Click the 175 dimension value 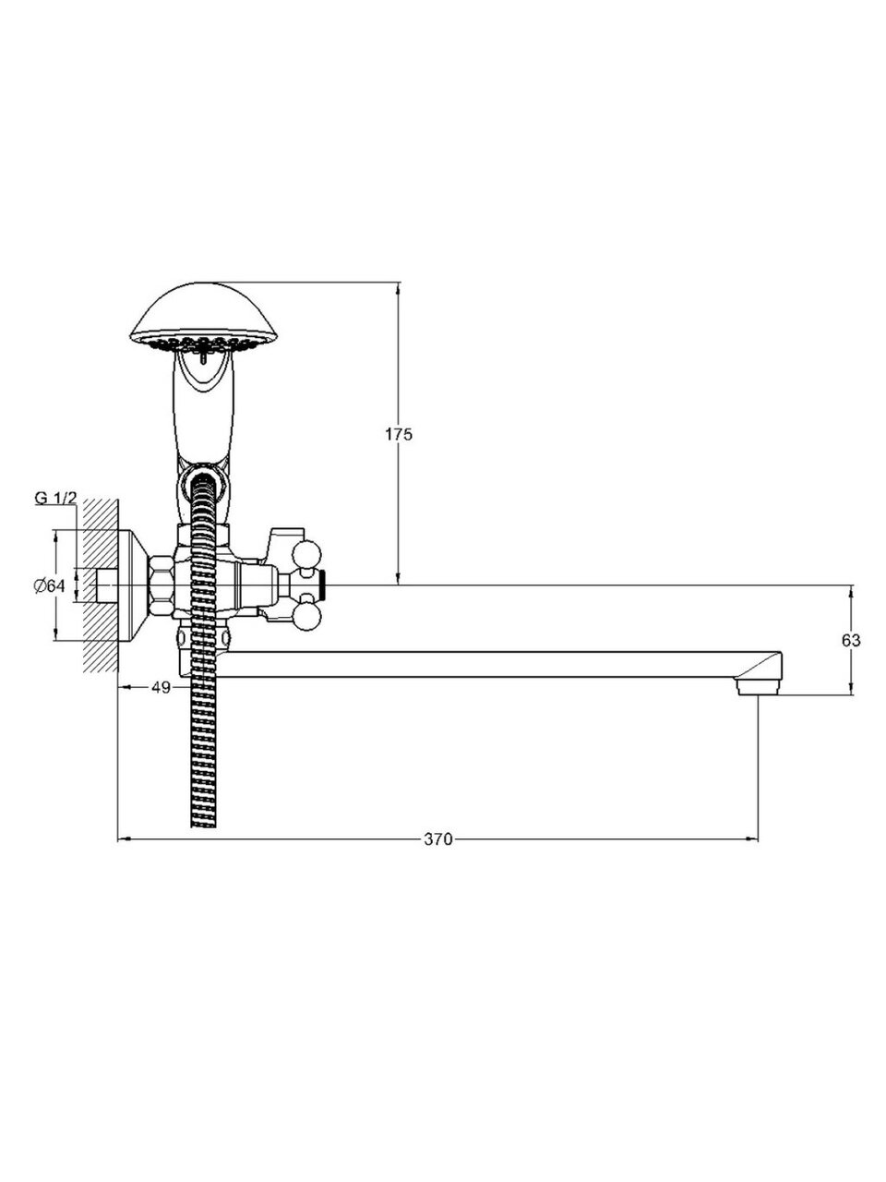pos(399,434)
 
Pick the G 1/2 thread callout pos(55,498)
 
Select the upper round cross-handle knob pos(306,555)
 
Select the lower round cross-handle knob pos(306,613)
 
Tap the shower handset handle pos(199,406)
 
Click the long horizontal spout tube pos(480,666)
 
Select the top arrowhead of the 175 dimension pos(399,289)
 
